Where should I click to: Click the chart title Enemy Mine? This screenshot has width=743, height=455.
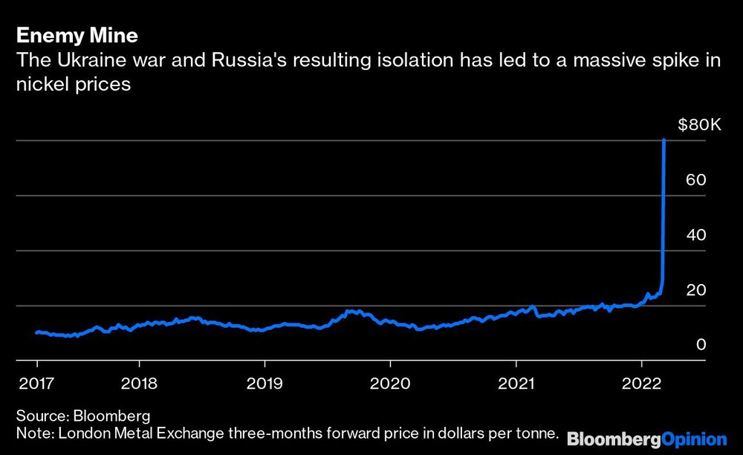pyautogui.click(x=77, y=35)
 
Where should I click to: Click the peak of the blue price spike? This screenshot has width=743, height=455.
pyautogui.click(x=663, y=141)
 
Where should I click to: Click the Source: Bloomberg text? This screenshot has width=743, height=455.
pyautogui.click(x=82, y=415)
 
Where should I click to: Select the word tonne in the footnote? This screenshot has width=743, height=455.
pyautogui.click(x=538, y=432)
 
